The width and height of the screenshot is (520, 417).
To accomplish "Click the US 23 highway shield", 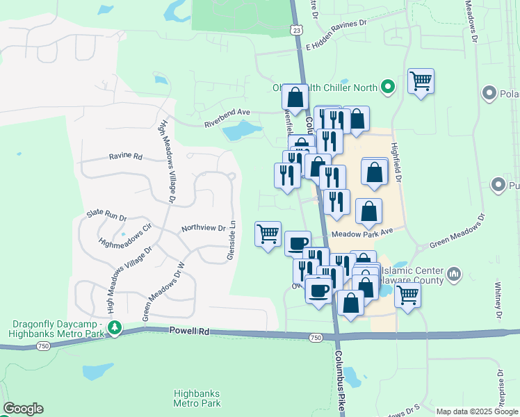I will pos(297,30).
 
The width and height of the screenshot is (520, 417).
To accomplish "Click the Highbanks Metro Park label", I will pos(197,398).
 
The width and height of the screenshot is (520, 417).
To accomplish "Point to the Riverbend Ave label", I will pos(226,117).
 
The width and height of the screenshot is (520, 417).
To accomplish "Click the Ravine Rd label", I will pos(125,157).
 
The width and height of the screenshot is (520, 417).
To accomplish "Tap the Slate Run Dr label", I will pos(106,216).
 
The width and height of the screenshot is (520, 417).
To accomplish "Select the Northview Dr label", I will pos(203,228).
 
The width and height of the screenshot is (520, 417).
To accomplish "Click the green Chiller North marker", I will pos(388,88).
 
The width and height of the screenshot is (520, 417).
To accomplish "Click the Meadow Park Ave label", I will pos(362,233).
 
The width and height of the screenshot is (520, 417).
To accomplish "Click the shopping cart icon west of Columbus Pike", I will pos(268,234).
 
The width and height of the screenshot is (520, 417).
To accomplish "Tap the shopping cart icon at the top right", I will pos(421,81).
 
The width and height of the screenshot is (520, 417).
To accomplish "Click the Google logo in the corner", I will pos(23,409).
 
